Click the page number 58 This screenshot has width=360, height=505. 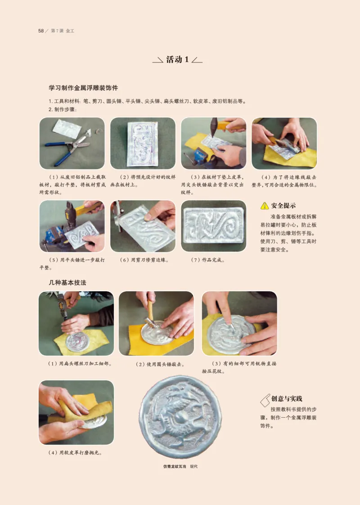click(x=41, y=31)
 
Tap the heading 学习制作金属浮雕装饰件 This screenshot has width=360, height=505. click(x=83, y=88)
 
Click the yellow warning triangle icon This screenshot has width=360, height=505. click(x=265, y=206)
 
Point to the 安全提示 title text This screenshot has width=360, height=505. click(x=283, y=206)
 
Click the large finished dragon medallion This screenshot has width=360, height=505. click(x=180, y=417)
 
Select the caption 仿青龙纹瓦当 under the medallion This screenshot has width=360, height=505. click(x=174, y=466)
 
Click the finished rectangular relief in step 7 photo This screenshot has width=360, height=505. click(x=213, y=225)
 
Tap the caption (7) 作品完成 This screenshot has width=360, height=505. click(x=208, y=260)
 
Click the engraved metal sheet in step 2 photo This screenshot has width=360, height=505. click(x=143, y=143)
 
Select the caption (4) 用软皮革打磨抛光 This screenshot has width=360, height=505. click(x=75, y=452)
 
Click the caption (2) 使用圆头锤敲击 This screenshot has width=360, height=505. click(x=160, y=364)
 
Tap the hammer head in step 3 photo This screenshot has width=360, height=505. click(x=215, y=124)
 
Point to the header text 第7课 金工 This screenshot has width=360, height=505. click(x=63, y=31)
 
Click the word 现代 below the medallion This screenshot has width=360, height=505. click(x=194, y=466)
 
